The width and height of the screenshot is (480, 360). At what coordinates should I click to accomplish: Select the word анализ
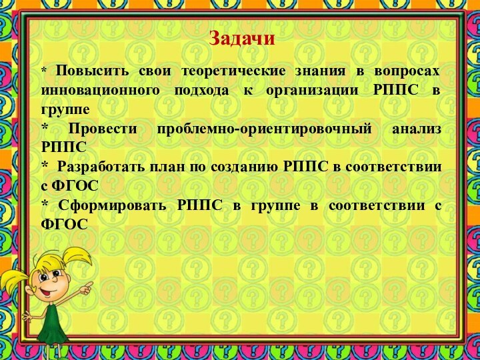click(x=417, y=129)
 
